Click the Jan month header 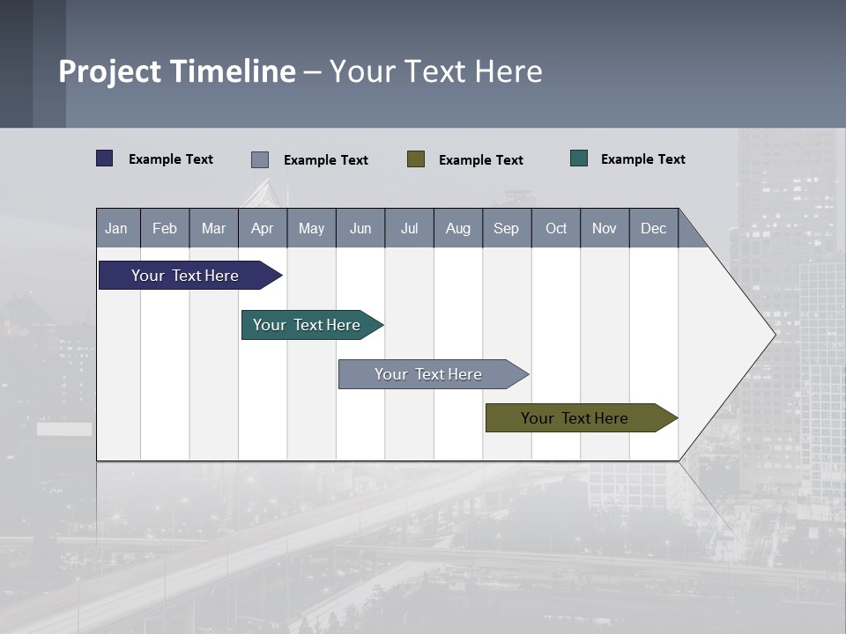point(117,228)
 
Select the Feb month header point(165,228)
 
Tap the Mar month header point(213,228)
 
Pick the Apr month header point(263,228)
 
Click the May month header point(311,228)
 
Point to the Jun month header point(360,228)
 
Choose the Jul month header point(409,228)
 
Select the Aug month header point(458,228)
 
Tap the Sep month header point(507,228)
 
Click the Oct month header point(556,228)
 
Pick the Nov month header point(605,228)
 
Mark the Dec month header point(654,228)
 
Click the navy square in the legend point(105,158)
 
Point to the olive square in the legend point(416,159)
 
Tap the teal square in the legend point(579,158)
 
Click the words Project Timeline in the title point(177,71)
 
